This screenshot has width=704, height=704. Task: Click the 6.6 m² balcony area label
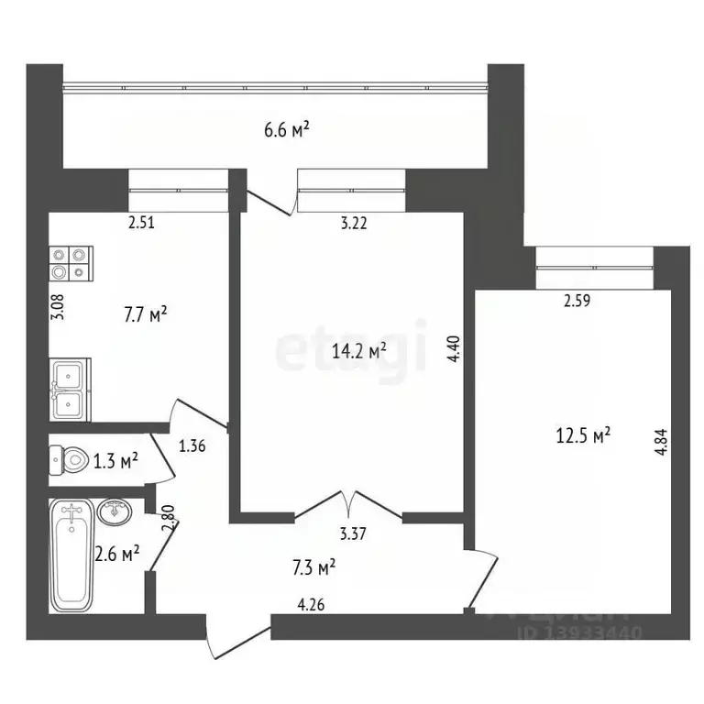pyautogui.click(x=286, y=131)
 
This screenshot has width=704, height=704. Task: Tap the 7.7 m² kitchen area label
pyautogui.click(x=145, y=314)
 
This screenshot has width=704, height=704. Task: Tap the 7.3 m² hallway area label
pyautogui.click(x=313, y=568)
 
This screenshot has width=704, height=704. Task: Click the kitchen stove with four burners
pyautogui.click(x=70, y=264)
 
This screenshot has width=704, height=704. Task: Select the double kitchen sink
pyautogui.click(x=69, y=389)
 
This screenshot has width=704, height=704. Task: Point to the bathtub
pyautogui.click(x=72, y=555)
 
